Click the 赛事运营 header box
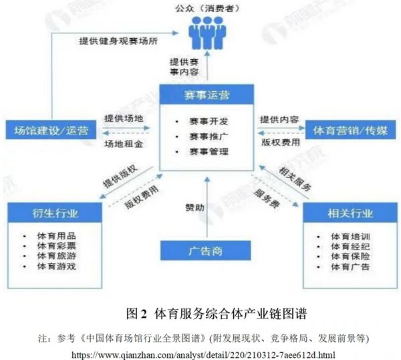207,94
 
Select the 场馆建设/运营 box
51,130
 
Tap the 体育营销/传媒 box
351,130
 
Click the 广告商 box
206,250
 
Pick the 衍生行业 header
55,213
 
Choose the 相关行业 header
350,213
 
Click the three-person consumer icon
207,33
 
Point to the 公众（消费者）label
207,9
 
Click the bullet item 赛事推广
209,137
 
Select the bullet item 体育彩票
57,246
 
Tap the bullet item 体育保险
350,256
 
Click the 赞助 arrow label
195,207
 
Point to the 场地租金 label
124,144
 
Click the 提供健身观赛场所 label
118,41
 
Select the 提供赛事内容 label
184,67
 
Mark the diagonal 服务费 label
267,199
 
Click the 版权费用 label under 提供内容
280,142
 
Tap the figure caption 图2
136,314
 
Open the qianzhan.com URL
203,355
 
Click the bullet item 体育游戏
57,266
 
